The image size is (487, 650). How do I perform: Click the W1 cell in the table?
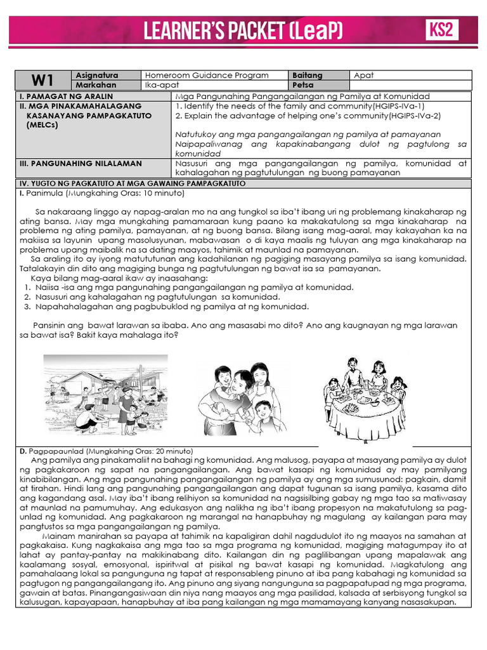[42, 80]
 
